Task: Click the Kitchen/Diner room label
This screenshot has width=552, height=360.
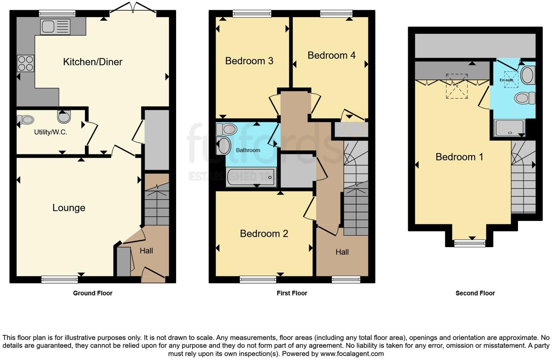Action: [x=93, y=62]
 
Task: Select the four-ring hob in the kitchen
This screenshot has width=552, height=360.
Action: [x=25, y=64]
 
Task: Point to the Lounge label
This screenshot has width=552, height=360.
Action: [x=69, y=208]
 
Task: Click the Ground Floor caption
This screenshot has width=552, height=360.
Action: [x=93, y=293]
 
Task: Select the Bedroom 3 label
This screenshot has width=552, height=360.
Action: [x=249, y=61]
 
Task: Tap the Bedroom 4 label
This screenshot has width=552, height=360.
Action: [x=331, y=55]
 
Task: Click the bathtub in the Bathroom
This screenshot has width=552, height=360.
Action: [x=251, y=177]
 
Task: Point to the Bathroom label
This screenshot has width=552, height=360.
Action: [x=248, y=150]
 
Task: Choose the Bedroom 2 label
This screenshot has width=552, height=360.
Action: [x=264, y=233]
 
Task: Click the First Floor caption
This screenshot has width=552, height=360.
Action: [x=292, y=293]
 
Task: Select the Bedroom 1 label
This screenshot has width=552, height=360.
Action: [x=459, y=157]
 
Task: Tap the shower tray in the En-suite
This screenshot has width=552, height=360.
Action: [x=510, y=128]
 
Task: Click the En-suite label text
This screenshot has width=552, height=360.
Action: [x=506, y=80]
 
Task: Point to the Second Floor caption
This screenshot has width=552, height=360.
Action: [x=475, y=293]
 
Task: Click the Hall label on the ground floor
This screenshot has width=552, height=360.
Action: [x=146, y=251]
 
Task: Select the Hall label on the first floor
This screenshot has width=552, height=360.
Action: [x=342, y=252]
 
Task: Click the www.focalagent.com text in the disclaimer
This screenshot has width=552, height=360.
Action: [x=352, y=354]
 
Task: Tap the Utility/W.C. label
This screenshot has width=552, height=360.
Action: [x=50, y=132]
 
